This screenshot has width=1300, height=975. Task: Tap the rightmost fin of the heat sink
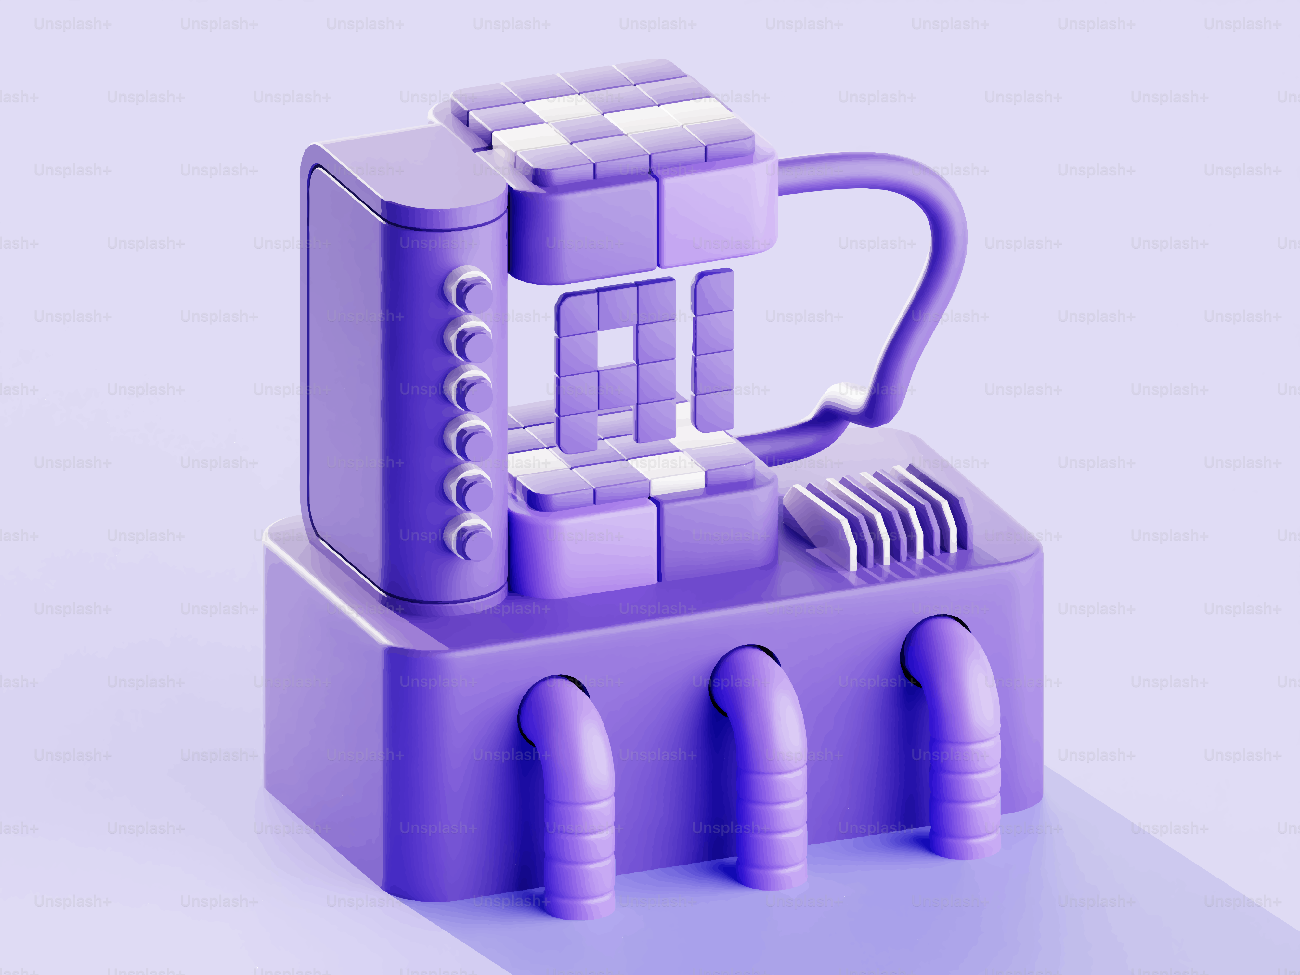click(x=940, y=505)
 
